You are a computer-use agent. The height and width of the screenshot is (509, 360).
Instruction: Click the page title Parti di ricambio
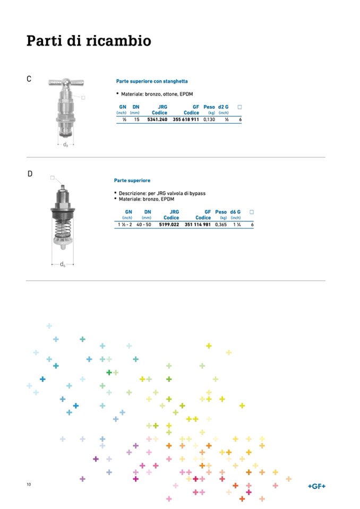(x=89, y=41)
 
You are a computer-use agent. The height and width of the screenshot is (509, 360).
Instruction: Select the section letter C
(x=29, y=79)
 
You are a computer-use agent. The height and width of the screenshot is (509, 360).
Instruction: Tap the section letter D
(x=30, y=174)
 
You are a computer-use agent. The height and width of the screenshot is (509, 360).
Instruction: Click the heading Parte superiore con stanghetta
(x=151, y=81)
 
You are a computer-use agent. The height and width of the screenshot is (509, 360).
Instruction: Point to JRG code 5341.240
(x=157, y=120)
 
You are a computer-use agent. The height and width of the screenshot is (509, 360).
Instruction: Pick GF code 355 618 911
(x=186, y=120)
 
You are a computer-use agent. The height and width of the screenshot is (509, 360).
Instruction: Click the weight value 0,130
(x=209, y=120)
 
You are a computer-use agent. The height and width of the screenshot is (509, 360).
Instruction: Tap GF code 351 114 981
(x=198, y=225)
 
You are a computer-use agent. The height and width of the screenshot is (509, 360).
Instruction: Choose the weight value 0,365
(x=221, y=225)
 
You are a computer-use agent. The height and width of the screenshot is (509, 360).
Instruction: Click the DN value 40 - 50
(x=143, y=225)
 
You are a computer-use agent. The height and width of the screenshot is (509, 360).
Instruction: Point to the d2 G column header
(x=223, y=107)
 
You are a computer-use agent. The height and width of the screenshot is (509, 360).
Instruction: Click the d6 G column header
(x=235, y=212)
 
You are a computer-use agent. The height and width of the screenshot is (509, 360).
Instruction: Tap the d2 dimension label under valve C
(x=65, y=145)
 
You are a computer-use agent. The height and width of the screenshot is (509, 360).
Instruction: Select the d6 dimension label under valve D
(x=62, y=264)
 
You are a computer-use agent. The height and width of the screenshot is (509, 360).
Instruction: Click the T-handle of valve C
(x=65, y=83)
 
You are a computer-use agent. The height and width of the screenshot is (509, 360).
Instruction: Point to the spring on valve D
(x=62, y=230)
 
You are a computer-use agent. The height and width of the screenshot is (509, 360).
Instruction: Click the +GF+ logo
(x=317, y=486)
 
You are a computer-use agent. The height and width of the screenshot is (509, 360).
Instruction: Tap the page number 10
(x=29, y=485)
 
